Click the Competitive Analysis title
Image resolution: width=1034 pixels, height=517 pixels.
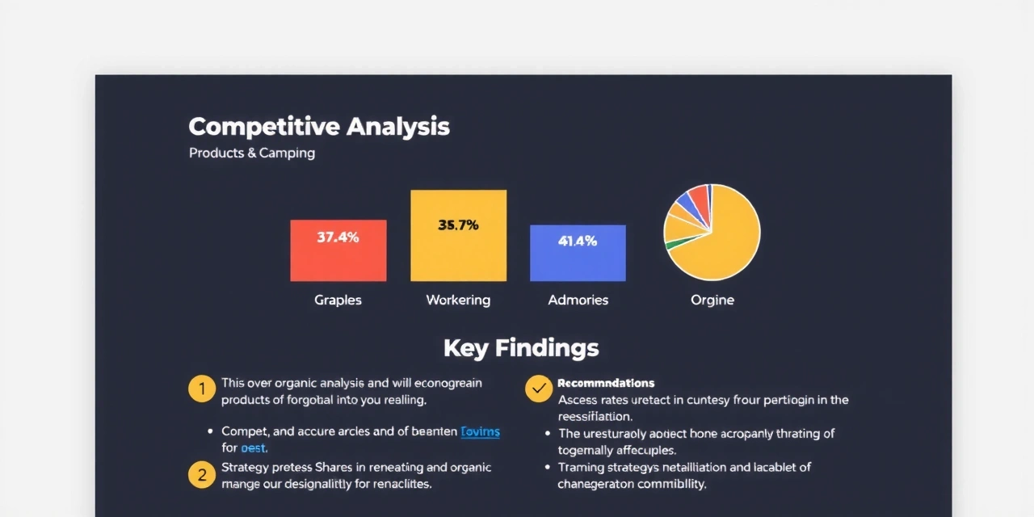coord(319,127)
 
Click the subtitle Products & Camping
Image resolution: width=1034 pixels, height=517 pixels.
coord(252,153)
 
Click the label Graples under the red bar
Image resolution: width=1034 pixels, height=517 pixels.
coord(338,300)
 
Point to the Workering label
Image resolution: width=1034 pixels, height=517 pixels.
coord(458,300)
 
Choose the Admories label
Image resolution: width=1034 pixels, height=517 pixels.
coord(578,300)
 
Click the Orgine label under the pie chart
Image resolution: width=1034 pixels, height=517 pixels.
coord(712,300)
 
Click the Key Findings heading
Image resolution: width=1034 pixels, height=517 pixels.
coord(521,348)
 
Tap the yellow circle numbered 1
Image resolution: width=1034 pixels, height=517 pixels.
coord(201,389)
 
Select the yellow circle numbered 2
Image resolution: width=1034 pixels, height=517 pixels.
coord(201,474)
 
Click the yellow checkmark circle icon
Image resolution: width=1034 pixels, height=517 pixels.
coord(539,389)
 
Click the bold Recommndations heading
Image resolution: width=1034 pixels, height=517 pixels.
coord(606,383)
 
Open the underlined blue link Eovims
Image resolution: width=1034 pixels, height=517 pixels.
coord(480,431)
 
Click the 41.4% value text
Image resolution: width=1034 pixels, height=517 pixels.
coord(578,241)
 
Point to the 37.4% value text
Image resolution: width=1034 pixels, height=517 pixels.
coord(338,237)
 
